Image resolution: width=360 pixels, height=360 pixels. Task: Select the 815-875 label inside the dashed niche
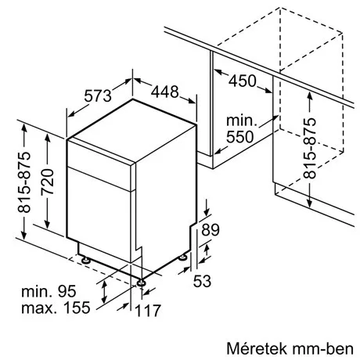[311, 149]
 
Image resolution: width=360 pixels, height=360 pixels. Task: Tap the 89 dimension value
[210, 229]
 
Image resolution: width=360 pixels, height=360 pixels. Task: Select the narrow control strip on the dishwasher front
[100, 174]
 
